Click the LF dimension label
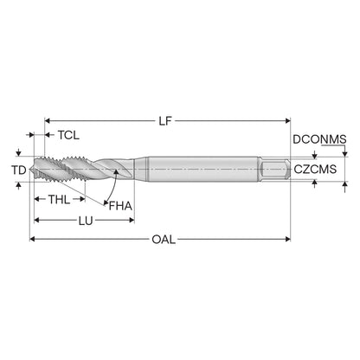tap(165, 121)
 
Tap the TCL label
tap(68, 135)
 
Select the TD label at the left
tap(19, 170)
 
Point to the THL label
tap(59, 199)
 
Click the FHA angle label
tap(120, 206)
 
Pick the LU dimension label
tap(86, 221)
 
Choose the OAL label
tap(164, 239)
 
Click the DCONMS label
tap(319, 139)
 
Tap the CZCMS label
tap(315, 170)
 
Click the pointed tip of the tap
tap(30, 170)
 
